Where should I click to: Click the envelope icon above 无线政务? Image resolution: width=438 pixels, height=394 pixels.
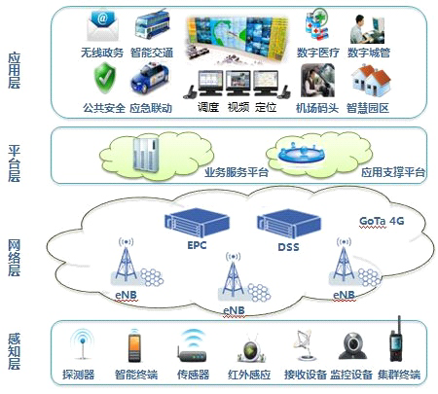click(x=102, y=26)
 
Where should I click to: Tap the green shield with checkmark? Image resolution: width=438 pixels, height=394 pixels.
click(x=105, y=79)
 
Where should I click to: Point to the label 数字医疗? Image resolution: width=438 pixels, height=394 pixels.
click(x=318, y=53)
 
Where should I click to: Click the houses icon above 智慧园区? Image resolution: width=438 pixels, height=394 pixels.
click(x=371, y=81)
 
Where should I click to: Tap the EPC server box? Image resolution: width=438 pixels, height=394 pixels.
click(x=197, y=223)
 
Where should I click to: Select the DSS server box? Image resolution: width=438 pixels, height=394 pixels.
click(x=289, y=224)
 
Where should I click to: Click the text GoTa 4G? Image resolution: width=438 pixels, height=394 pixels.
click(x=382, y=221)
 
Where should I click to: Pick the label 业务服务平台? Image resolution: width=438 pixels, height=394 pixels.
click(x=237, y=172)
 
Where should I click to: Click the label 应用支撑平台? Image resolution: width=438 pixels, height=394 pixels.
click(x=393, y=172)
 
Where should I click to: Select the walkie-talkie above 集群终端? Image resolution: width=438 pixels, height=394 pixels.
click(x=398, y=340)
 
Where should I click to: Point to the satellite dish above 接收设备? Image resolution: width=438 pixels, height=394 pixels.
click(x=305, y=345)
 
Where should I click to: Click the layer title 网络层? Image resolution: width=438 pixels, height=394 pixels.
click(x=15, y=258)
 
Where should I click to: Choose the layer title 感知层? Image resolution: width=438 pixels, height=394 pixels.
click(x=15, y=351)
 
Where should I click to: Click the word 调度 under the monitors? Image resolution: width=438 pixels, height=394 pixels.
click(x=208, y=107)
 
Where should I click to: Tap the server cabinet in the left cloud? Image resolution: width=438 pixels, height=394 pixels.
click(x=146, y=155)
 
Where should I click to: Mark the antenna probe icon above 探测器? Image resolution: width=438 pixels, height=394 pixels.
click(x=83, y=344)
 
